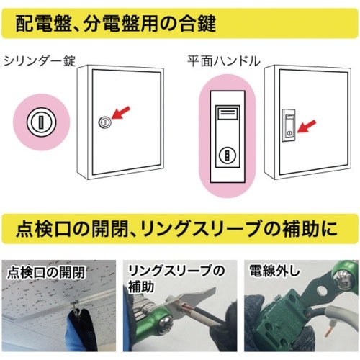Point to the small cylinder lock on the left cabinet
tap(104, 122)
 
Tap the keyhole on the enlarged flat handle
tap(225, 154)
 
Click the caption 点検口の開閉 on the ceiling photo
tap(43, 273)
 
